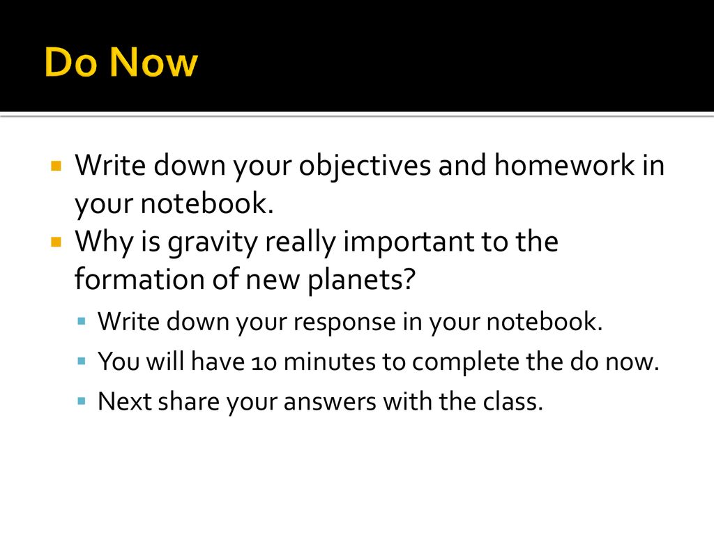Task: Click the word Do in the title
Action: coord(70,62)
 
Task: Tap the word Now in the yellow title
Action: coord(153,62)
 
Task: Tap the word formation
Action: coord(139,278)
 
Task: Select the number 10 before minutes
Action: coord(264,362)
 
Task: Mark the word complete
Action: coord(465,362)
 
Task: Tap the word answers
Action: coord(330,403)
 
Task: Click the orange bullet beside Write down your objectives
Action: coord(56,165)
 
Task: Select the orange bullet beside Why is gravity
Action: coord(56,242)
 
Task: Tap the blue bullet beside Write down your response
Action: coord(82,322)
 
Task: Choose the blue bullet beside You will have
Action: coord(82,362)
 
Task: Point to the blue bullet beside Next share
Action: coord(82,401)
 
